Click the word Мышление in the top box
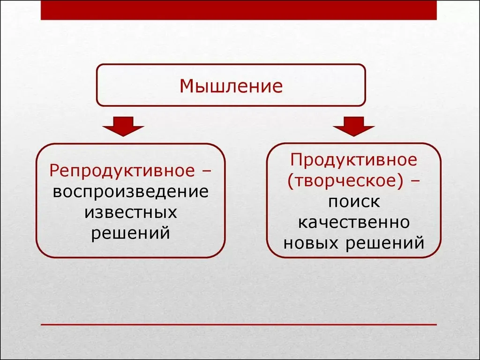click(x=231, y=86)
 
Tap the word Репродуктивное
click(x=122, y=171)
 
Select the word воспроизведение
click(x=131, y=192)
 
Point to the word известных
click(x=131, y=212)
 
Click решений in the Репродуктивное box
click(x=131, y=233)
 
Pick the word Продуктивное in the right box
click(x=354, y=160)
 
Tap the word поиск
click(x=354, y=202)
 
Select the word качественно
click(x=354, y=223)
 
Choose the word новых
click(x=311, y=243)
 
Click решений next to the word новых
click(x=385, y=244)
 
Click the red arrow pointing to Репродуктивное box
click(x=123, y=126)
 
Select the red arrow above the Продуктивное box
click(x=354, y=126)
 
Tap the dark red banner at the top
click(x=239, y=10)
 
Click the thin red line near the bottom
click(x=239, y=324)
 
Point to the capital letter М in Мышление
click(x=187, y=86)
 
